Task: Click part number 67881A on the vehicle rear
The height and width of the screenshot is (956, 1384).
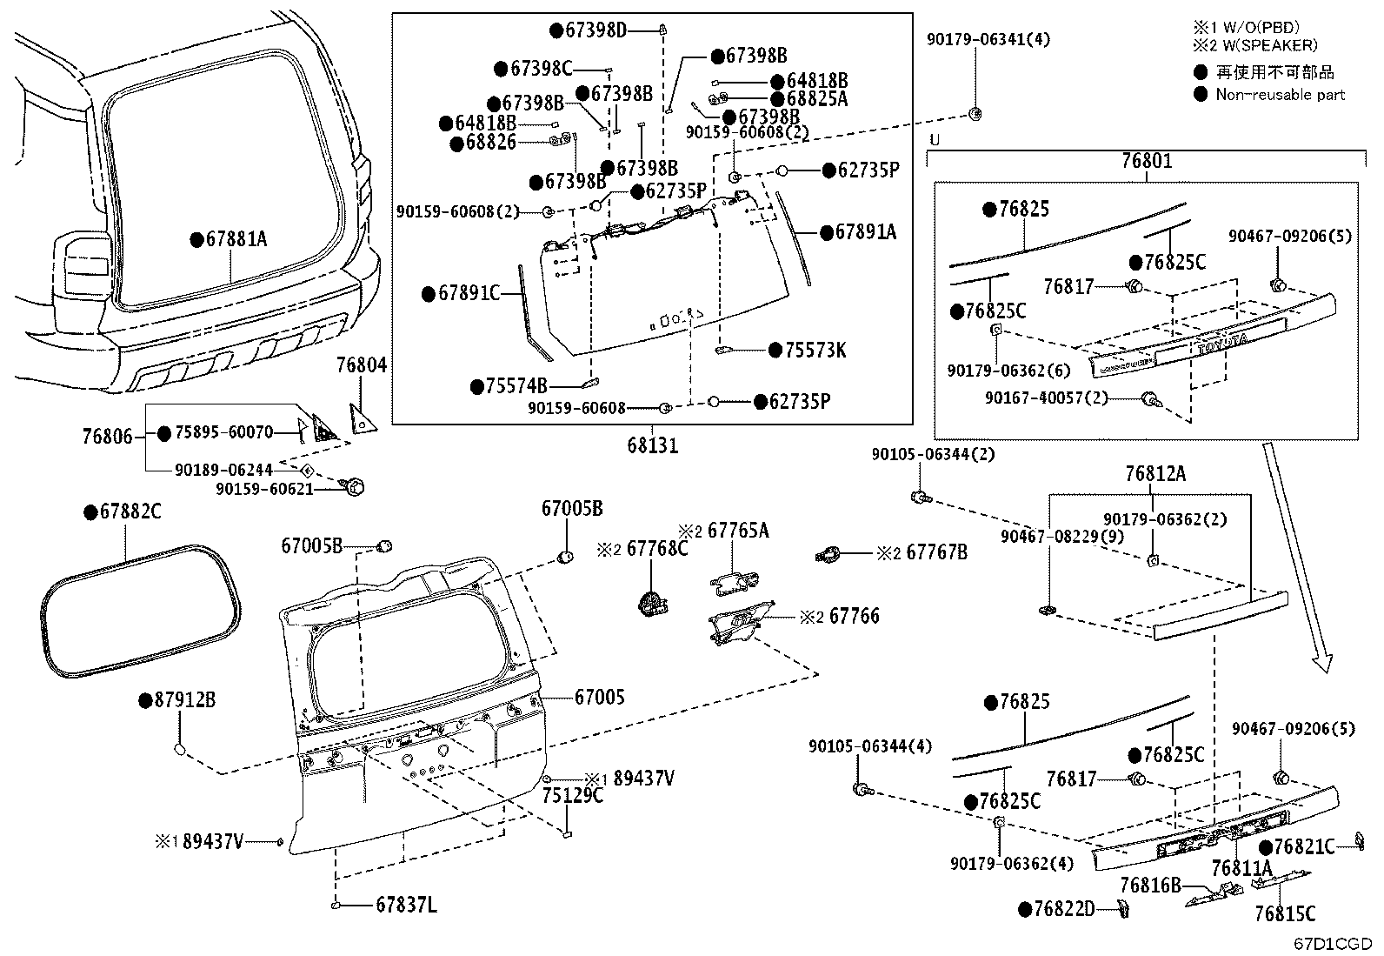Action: pyautogui.click(x=236, y=237)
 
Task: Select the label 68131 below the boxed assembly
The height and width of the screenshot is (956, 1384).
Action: pyautogui.click(x=652, y=445)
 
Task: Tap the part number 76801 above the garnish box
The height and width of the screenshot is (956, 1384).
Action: pyautogui.click(x=1146, y=161)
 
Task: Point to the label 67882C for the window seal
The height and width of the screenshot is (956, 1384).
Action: pyautogui.click(x=130, y=511)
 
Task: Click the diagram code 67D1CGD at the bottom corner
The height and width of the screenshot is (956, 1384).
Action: pyautogui.click(x=1331, y=943)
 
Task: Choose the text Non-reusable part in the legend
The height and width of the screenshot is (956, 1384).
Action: pyautogui.click(x=1280, y=95)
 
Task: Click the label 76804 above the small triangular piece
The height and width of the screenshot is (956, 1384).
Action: pyautogui.click(x=362, y=366)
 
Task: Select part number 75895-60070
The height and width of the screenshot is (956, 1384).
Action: pyautogui.click(x=224, y=431)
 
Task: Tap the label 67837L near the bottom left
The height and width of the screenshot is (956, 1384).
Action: pyautogui.click(x=406, y=906)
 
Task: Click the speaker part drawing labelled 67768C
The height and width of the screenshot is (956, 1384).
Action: pyautogui.click(x=650, y=600)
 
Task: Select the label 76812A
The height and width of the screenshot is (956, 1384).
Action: pyautogui.click(x=1154, y=474)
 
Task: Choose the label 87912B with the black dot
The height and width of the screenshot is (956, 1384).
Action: pyautogui.click(x=184, y=699)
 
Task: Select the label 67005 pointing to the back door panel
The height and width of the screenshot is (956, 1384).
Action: pyautogui.click(x=599, y=697)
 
